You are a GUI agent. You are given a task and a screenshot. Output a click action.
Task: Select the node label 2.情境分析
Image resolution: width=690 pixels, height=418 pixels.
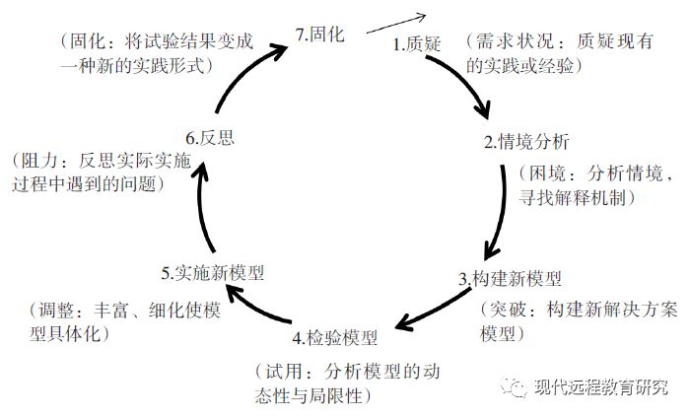point(526,141)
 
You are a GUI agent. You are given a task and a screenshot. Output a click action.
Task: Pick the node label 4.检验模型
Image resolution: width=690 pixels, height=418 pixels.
point(335,338)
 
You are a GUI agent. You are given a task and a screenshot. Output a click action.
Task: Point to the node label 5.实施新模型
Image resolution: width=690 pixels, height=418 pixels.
point(213,270)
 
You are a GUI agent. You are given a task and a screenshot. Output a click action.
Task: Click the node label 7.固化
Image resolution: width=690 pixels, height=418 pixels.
point(320,35)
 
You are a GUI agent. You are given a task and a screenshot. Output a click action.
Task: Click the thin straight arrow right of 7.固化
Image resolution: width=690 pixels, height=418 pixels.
point(394,24)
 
